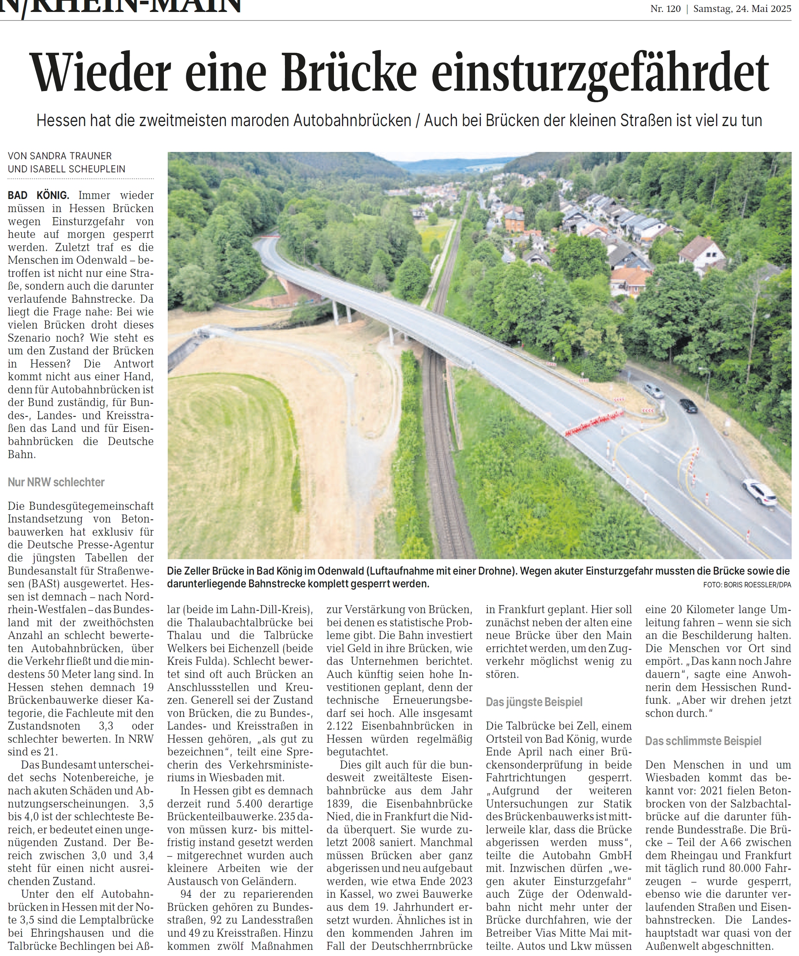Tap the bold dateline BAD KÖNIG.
pos(38,195)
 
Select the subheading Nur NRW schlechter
pos(56,482)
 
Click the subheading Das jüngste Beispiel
pos(534,702)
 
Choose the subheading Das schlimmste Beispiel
pos(703,741)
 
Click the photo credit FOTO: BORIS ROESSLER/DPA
pos(747,585)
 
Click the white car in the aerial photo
pos(759,492)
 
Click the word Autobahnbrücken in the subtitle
pos(352,120)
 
